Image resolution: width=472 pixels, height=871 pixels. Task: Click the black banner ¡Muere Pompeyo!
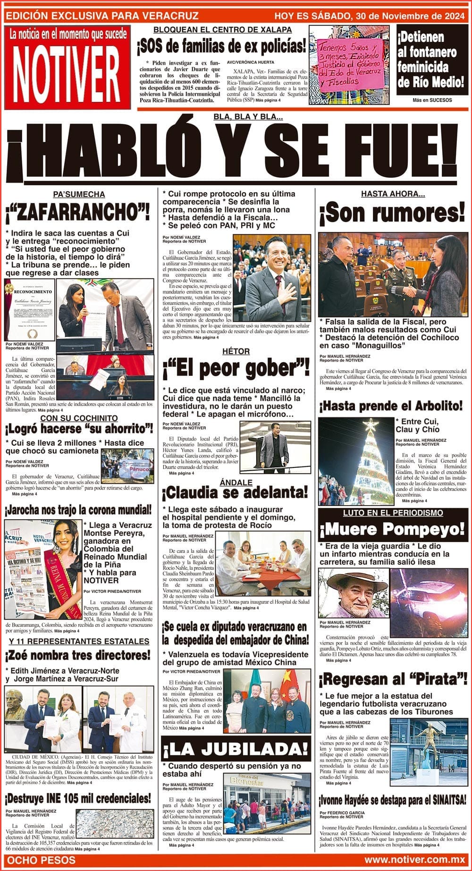point(392,529)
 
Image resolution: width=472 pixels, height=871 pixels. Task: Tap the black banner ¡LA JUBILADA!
point(236,749)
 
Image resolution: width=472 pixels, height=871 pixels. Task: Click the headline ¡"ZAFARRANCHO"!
point(78,213)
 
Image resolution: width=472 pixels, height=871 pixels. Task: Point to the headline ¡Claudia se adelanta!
point(236,493)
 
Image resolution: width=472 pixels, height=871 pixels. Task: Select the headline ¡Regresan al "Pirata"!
point(392,680)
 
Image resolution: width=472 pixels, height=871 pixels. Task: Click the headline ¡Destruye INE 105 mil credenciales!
point(78,798)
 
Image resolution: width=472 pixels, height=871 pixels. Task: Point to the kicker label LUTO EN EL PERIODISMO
point(392,513)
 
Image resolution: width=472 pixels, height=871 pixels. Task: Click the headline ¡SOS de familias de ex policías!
point(222,46)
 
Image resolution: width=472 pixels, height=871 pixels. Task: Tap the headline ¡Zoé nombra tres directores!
point(78,656)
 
